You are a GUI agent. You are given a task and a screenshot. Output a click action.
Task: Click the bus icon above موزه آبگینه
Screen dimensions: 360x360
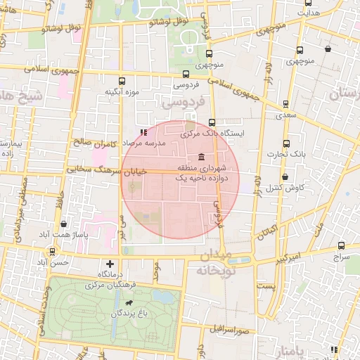coord(123,81)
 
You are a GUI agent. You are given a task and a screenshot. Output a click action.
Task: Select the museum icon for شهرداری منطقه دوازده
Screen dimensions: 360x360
coord(202,156)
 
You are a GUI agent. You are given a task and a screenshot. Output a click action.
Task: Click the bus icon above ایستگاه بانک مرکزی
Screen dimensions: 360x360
coord(212,122)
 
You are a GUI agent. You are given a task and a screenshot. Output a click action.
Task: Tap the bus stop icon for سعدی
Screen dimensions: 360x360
coord(285,103)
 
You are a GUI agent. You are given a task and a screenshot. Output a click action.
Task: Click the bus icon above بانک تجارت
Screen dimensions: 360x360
coord(285,143)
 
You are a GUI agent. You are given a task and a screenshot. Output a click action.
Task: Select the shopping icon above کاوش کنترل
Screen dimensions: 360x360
coord(285,176)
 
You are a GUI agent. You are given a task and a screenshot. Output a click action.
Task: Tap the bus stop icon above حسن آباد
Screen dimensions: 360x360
coord(52,251)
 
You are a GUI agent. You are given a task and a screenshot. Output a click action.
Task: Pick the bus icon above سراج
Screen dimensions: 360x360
coord(341,245)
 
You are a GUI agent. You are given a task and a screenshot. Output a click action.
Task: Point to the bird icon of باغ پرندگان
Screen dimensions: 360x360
coord(128,302)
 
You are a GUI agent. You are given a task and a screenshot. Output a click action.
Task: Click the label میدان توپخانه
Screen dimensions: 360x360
coord(214,262)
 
